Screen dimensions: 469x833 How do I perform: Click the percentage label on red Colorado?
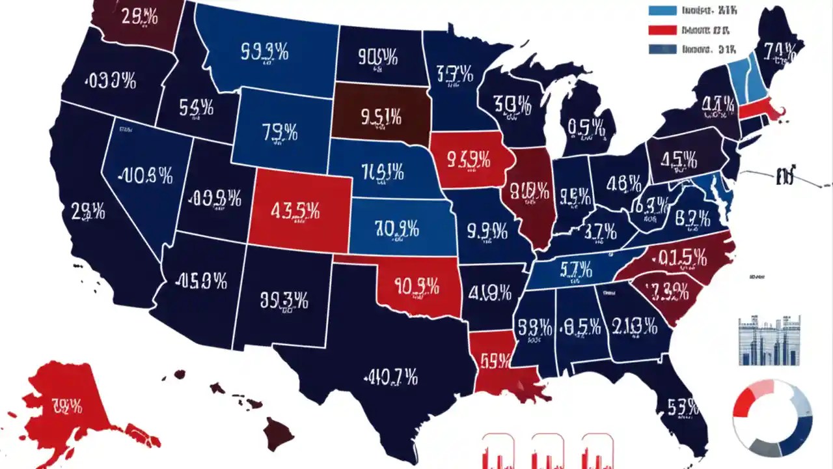tap(294, 211)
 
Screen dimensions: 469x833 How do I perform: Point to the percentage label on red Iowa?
tap(468, 158)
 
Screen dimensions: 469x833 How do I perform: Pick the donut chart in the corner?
tap(772, 418)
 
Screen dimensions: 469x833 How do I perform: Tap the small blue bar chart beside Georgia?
tap(769, 341)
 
